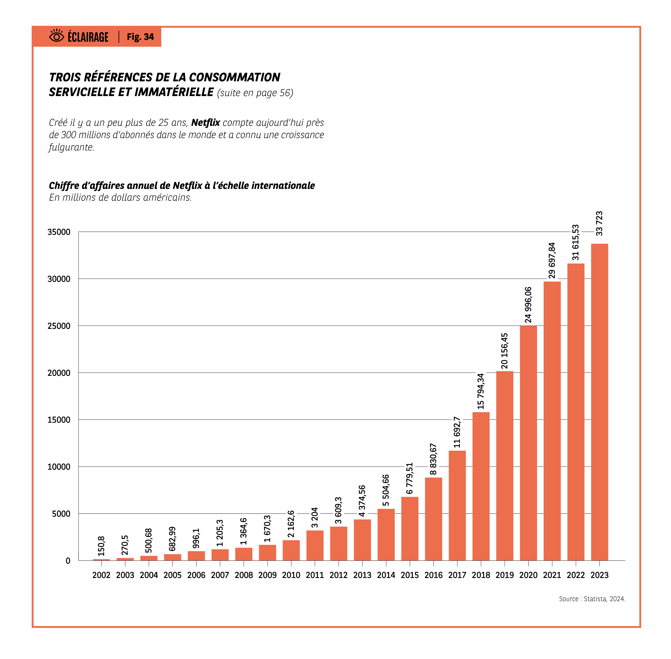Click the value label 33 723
click(599, 224)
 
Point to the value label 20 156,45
click(504, 351)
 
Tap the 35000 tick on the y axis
click(59, 232)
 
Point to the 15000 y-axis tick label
click(59, 420)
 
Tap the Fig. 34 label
click(140, 37)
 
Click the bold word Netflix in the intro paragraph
click(205, 123)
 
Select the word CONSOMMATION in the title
click(235, 77)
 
